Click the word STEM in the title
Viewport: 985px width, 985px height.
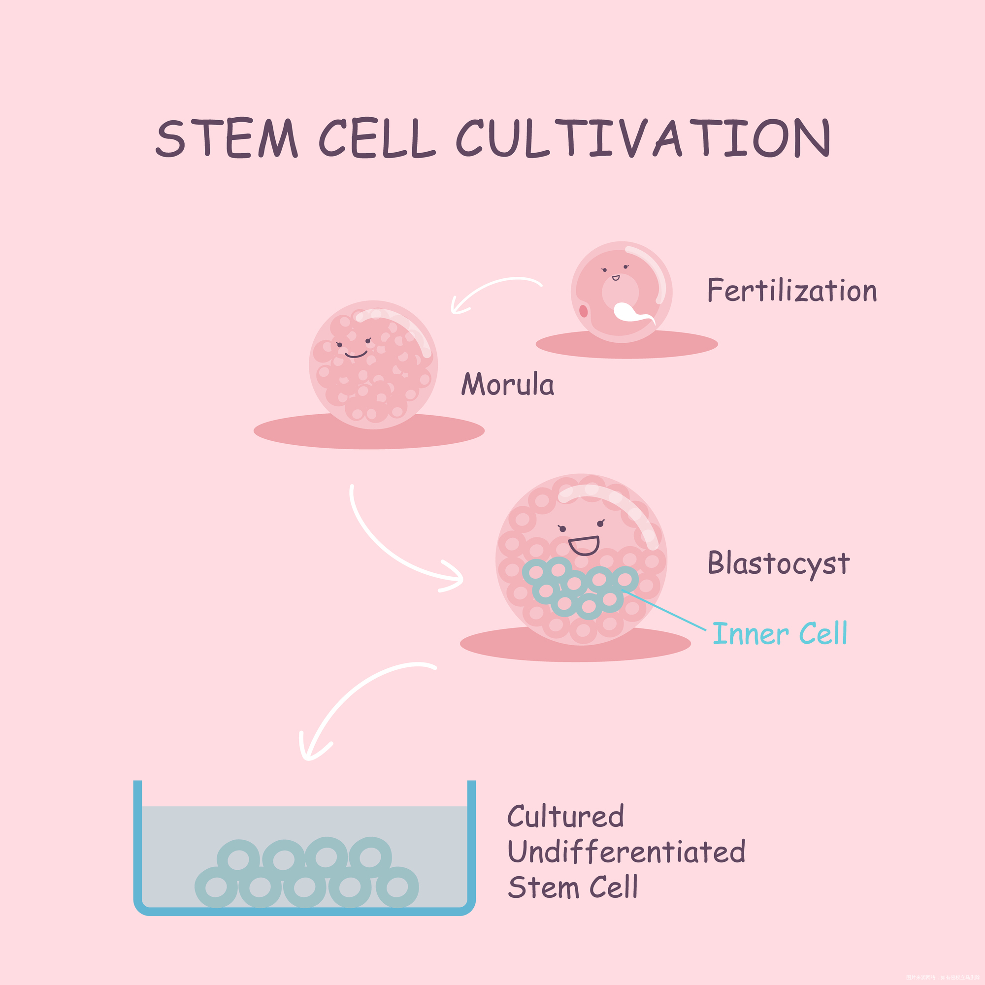pyautogui.click(x=226, y=138)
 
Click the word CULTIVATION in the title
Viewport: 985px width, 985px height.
pyautogui.click(x=643, y=138)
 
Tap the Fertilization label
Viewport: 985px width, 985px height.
pyautogui.click(x=791, y=291)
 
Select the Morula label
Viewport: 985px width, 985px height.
pyautogui.click(x=507, y=385)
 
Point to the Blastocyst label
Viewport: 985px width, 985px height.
pyautogui.click(x=778, y=563)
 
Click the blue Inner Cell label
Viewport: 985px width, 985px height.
pyautogui.click(x=780, y=634)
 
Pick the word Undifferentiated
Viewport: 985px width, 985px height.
pyautogui.click(x=626, y=852)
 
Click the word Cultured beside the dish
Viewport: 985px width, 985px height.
pyautogui.click(x=565, y=816)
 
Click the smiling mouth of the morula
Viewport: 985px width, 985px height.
pyautogui.click(x=356, y=354)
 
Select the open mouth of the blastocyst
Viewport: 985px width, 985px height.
pyautogui.click(x=584, y=546)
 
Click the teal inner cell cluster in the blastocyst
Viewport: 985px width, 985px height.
pyautogui.click(x=579, y=586)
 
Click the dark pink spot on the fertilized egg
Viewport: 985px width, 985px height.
pyautogui.click(x=583, y=310)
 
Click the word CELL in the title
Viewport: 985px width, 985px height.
pyautogui.click(x=377, y=138)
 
